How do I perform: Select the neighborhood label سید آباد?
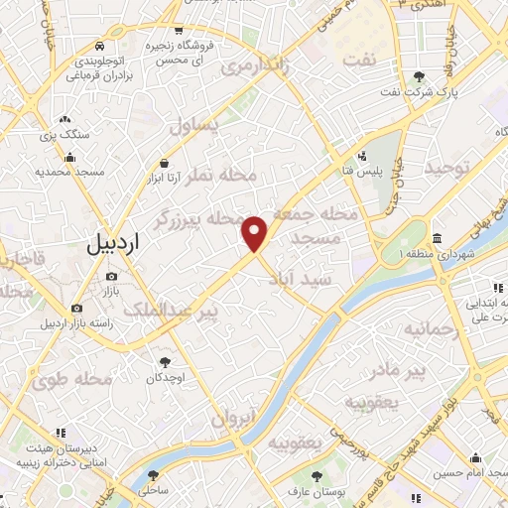pos(308,280)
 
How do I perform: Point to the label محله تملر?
pos(223,176)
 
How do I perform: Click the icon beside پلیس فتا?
pos(363,155)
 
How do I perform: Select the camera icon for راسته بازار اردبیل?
pos(77,309)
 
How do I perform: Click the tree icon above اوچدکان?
pos(166,362)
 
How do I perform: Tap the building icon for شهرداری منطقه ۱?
pos(438,239)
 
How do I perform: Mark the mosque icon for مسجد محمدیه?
pos(70,157)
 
